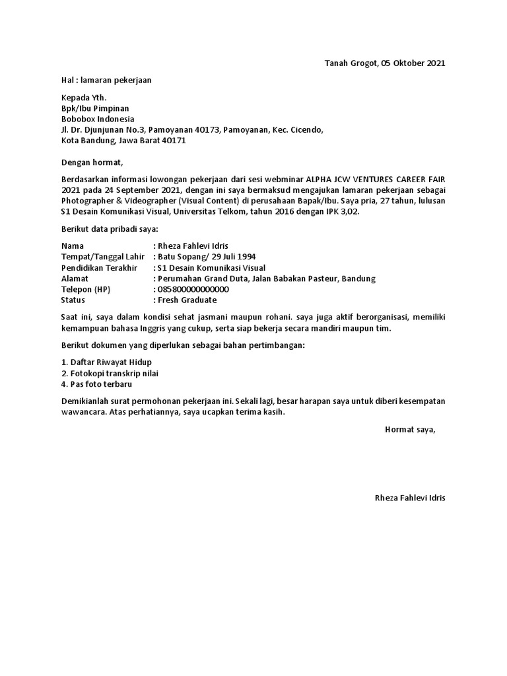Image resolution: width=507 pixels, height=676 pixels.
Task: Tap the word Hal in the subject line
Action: (67, 81)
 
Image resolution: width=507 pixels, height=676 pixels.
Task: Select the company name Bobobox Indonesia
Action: (98, 119)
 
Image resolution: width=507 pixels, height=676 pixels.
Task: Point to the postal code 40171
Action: (176, 141)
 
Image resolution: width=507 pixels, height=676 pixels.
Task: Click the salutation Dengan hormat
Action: (92, 162)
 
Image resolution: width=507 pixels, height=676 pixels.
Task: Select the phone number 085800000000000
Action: (193, 289)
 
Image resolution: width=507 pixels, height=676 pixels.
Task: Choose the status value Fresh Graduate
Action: (187, 300)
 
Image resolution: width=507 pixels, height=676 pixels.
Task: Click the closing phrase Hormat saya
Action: (410, 430)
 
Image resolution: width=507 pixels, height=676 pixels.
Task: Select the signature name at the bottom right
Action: (410, 498)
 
